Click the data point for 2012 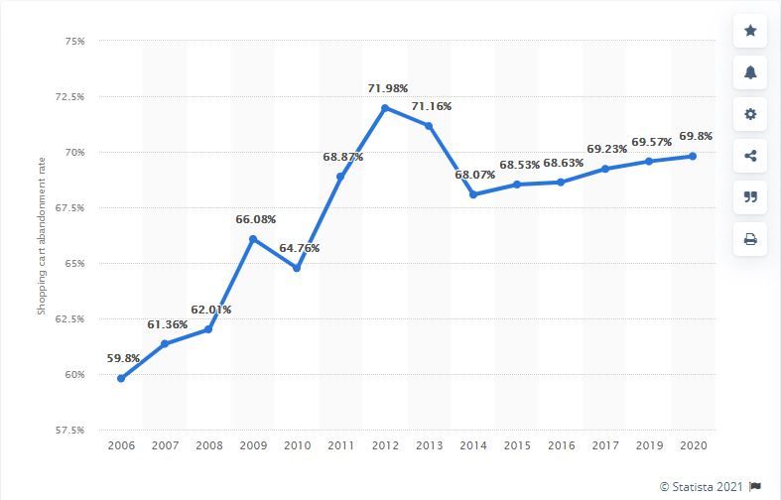(385, 107)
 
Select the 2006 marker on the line (121, 378)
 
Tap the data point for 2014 (473, 194)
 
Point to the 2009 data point (253, 239)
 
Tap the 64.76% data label (298, 248)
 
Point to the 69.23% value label (606, 149)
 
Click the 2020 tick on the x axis (693, 447)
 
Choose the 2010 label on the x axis (297, 447)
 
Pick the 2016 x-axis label (561, 447)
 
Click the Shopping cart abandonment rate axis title (43, 235)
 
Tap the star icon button (750, 31)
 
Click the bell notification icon (750, 72)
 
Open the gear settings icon (750, 114)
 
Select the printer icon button (750, 239)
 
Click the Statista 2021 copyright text (701, 486)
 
